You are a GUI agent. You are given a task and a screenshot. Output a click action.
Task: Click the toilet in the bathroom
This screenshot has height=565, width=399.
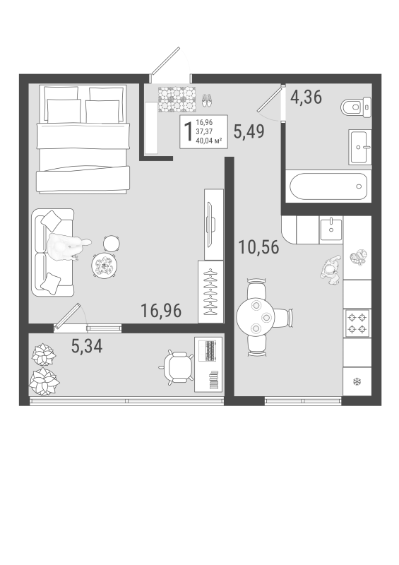[356, 107]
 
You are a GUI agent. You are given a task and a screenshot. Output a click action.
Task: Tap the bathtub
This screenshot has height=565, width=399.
[328, 186]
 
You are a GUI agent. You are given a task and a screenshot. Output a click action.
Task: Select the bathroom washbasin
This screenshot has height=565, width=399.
[359, 147]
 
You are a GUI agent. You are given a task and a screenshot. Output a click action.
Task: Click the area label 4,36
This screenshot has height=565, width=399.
[306, 97]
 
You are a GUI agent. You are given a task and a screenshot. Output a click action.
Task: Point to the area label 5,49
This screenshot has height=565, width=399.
[249, 131]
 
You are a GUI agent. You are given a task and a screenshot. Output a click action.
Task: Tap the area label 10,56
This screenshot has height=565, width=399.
[258, 247]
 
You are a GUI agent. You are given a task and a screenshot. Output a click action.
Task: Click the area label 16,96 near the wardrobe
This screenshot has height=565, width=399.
[161, 311]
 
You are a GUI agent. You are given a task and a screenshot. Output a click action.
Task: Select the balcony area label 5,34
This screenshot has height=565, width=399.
[87, 346]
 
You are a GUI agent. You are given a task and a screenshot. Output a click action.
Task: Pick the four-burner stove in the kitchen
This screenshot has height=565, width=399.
[357, 323]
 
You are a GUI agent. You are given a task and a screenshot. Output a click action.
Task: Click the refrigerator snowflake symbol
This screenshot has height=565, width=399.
[357, 381]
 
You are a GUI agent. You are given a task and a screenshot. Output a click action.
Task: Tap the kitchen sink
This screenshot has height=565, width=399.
[331, 230]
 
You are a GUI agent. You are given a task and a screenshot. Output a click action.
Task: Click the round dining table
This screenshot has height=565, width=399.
[256, 317]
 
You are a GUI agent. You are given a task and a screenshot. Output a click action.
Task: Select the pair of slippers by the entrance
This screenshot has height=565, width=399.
[207, 100]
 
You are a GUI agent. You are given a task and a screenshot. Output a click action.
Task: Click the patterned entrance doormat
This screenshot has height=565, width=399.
[177, 100]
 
